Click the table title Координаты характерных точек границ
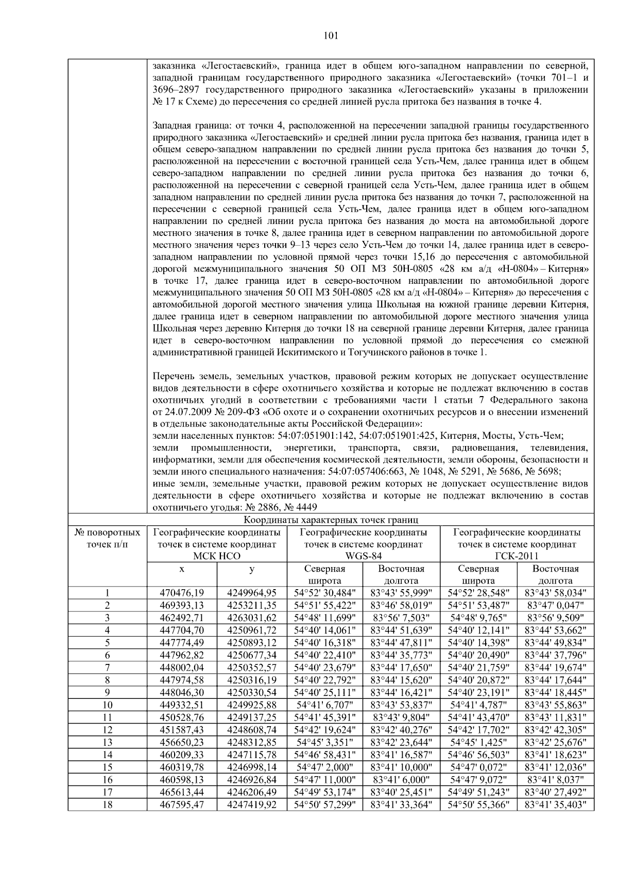tap(331, 520)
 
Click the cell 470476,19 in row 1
tap(182, 593)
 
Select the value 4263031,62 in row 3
tap(252, 618)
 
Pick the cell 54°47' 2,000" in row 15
tap(325, 767)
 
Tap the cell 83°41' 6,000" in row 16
tap(402, 779)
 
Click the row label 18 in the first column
tap(107, 804)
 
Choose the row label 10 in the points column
tap(107, 705)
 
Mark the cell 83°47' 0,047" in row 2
tap(555, 605)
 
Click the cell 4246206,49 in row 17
tap(252, 792)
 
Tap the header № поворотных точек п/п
tap(107, 538)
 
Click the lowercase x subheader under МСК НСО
tap(182, 569)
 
